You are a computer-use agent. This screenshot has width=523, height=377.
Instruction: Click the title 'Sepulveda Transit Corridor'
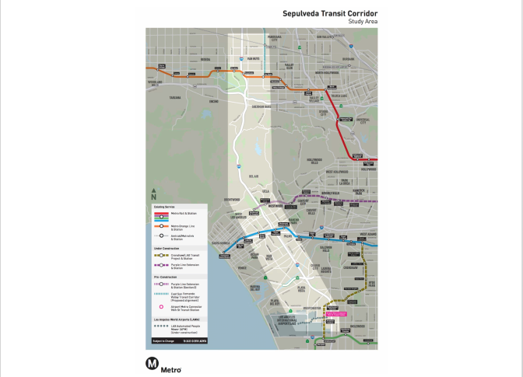pos(330,13)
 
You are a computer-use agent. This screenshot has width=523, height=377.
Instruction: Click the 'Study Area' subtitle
pos(363,22)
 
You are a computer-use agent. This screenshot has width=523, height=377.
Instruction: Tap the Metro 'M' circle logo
pos(152,363)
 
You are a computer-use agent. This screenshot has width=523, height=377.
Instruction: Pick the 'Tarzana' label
pos(175,98)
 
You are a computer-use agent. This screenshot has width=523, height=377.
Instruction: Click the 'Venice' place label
pos(242,269)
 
